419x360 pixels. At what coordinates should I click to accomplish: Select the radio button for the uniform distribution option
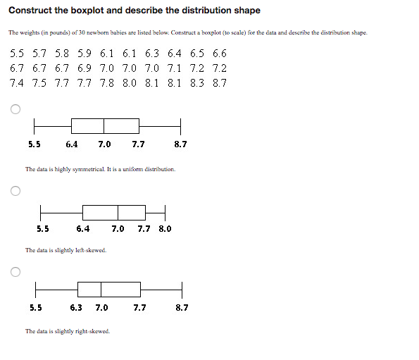(15, 109)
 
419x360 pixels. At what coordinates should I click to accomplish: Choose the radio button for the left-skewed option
(15, 190)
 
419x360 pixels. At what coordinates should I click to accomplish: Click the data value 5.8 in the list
(62, 53)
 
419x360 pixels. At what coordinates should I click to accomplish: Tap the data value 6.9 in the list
(84, 68)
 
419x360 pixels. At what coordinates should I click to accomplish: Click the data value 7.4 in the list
(18, 83)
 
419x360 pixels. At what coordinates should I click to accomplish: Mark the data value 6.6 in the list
(219, 53)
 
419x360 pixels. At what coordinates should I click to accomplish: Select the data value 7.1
(174, 68)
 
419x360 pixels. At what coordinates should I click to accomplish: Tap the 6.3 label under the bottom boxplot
(76, 308)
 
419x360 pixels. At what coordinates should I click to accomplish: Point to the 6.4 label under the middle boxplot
(82, 228)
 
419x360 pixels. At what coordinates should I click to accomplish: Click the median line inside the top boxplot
(104, 125)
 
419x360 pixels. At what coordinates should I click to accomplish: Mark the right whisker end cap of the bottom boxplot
(182, 289)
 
